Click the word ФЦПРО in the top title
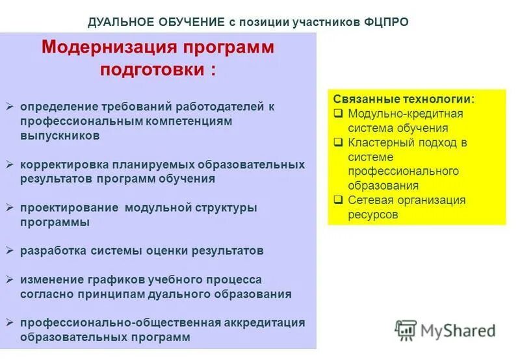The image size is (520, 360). [384, 22]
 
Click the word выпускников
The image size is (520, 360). [60, 136]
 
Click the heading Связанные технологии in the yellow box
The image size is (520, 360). [404, 99]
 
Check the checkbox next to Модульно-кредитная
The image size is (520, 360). [339, 114]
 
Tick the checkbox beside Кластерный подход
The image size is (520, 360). [339, 142]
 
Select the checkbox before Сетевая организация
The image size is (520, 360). [339, 200]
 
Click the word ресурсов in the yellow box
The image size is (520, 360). [372, 214]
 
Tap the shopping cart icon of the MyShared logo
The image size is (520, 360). [406, 330]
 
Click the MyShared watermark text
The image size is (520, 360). [458, 331]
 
